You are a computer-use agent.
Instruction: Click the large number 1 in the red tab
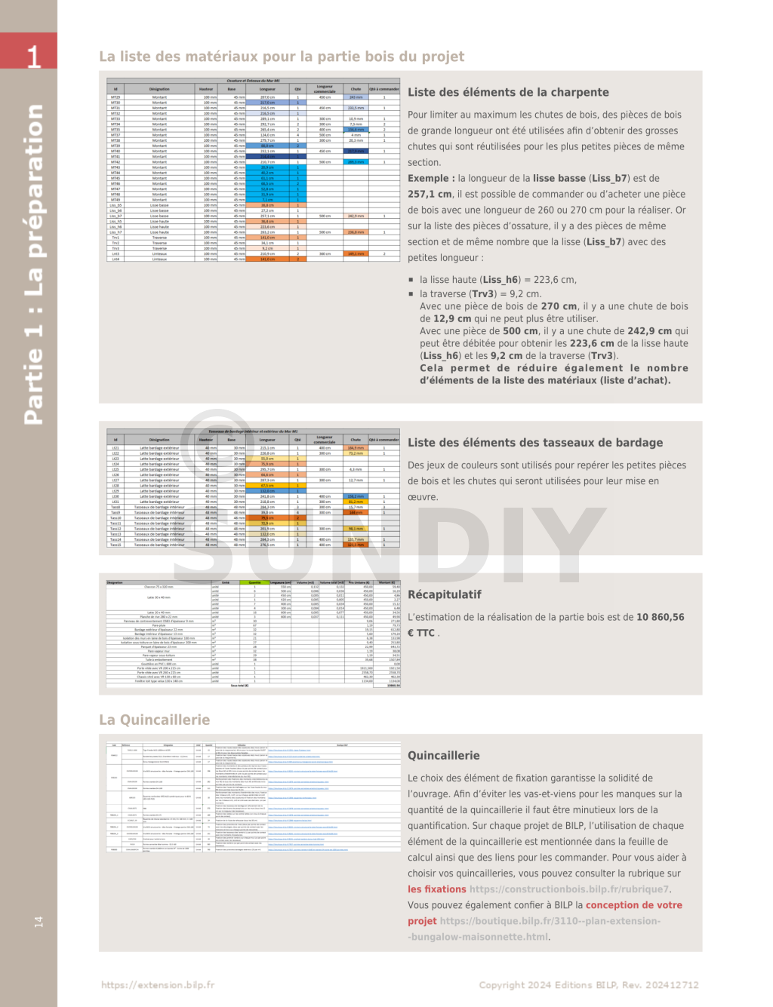click(x=33, y=56)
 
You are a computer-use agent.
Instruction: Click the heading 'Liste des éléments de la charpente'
click(x=508, y=92)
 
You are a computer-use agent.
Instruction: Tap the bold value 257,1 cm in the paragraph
click(x=430, y=194)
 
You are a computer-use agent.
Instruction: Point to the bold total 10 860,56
click(x=660, y=617)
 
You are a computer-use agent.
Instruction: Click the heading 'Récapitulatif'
click(x=444, y=594)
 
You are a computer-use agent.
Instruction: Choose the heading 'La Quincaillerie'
click(x=154, y=720)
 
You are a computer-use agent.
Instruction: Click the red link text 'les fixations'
click(x=437, y=889)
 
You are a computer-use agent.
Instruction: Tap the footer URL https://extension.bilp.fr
click(x=158, y=984)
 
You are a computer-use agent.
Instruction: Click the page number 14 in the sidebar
click(x=38, y=922)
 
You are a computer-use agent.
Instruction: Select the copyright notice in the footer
click(x=588, y=984)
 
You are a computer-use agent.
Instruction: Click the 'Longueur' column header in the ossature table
click(x=267, y=89)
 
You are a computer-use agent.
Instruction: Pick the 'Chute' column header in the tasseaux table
click(x=356, y=439)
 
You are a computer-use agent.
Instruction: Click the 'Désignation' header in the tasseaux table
click(x=159, y=439)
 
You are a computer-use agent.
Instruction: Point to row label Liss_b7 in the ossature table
click(x=115, y=216)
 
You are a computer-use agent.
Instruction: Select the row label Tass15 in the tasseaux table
click(x=115, y=545)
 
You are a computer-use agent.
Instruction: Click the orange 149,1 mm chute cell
click(x=356, y=253)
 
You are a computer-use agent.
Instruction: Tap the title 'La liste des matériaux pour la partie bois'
click(x=282, y=57)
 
